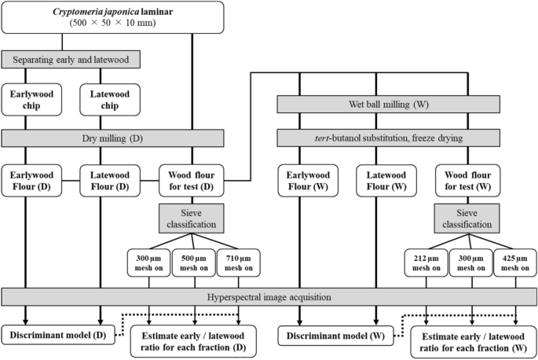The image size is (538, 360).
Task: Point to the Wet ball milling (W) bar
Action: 388,105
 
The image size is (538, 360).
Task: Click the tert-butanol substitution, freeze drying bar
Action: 388,139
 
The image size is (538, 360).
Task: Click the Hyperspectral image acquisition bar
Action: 268,297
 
